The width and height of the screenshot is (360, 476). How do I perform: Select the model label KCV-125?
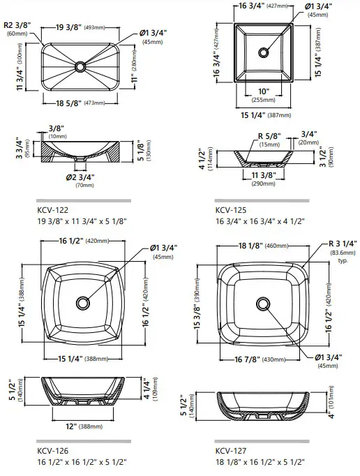coord(231,209)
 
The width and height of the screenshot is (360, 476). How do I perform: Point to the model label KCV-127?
coord(231,449)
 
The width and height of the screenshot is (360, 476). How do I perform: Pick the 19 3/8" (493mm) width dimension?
coord(82,27)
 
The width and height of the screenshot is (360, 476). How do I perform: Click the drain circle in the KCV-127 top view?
coord(263,304)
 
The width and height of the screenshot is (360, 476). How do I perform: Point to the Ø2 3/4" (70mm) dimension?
coord(82,181)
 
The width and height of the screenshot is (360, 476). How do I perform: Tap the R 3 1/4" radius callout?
coord(341,248)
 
